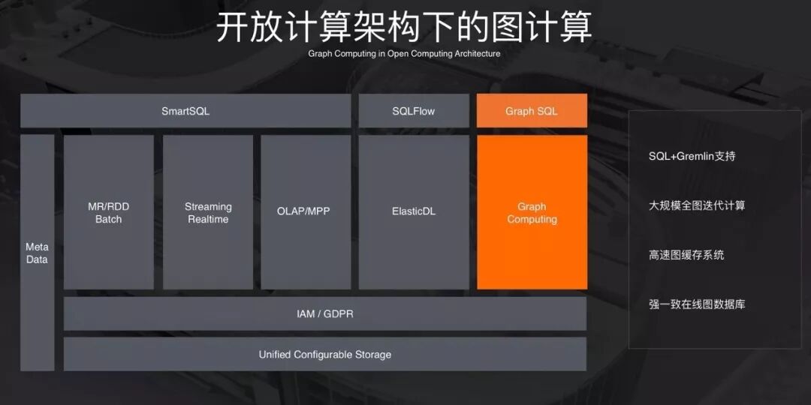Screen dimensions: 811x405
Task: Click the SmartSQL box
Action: (x=185, y=111)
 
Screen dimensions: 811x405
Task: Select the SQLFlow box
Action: (x=413, y=111)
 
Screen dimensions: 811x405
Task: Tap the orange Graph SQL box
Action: (x=532, y=111)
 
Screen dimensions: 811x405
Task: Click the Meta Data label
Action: (x=37, y=253)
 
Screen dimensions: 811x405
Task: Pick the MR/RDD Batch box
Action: (x=108, y=212)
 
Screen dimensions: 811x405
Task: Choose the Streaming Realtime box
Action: (x=208, y=212)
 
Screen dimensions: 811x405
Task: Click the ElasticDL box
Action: (x=413, y=211)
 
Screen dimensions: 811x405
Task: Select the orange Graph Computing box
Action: (x=532, y=212)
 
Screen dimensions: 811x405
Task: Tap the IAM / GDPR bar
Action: (x=324, y=313)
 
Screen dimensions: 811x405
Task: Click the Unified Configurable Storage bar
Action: (x=324, y=354)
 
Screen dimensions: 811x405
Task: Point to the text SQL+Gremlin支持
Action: (x=692, y=156)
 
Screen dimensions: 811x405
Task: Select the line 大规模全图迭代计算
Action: (x=697, y=205)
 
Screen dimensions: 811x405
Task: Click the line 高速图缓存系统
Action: (x=686, y=255)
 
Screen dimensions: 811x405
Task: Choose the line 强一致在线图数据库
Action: (x=697, y=304)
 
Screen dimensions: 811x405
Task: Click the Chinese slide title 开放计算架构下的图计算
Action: (x=404, y=27)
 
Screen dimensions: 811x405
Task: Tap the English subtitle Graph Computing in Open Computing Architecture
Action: (x=404, y=54)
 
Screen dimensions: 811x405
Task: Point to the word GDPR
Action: (x=339, y=313)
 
